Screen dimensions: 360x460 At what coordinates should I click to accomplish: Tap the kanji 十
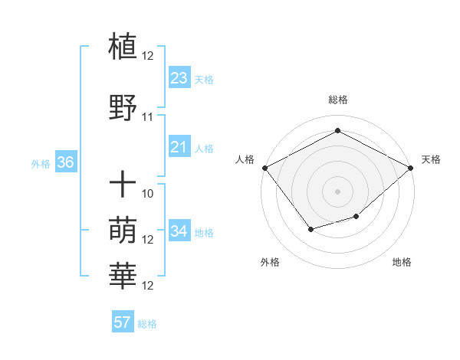tap(123, 184)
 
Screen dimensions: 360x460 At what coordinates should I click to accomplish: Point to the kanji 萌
tap(123, 231)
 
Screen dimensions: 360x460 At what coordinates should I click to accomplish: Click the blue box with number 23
tap(179, 78)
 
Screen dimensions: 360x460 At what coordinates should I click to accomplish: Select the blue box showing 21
tap(179, 147)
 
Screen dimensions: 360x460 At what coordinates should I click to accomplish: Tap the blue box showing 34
tap(179, 231)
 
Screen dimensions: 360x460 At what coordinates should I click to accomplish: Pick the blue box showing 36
tap(65, 162)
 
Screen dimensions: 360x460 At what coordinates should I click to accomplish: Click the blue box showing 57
tap(123, 322)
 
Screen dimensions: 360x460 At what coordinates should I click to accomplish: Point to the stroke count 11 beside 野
tap(148, 117)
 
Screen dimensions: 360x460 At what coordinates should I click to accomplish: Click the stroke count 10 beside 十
tap(148, 194)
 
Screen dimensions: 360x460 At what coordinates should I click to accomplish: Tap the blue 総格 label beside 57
tap(147, 324)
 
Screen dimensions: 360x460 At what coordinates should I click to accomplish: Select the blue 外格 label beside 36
tap(41, 163)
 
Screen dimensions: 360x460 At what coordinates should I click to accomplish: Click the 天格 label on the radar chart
tap(431, 159)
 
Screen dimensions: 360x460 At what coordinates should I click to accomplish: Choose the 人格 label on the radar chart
tap(245, 159)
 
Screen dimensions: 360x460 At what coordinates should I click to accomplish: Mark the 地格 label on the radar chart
tap(402, 262)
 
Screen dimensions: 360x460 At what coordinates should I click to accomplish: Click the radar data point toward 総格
tap(337, 130)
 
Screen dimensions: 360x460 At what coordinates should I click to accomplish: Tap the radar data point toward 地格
tap(356, 217)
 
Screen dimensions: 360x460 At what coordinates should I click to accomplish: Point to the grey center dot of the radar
tap(337, 191)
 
